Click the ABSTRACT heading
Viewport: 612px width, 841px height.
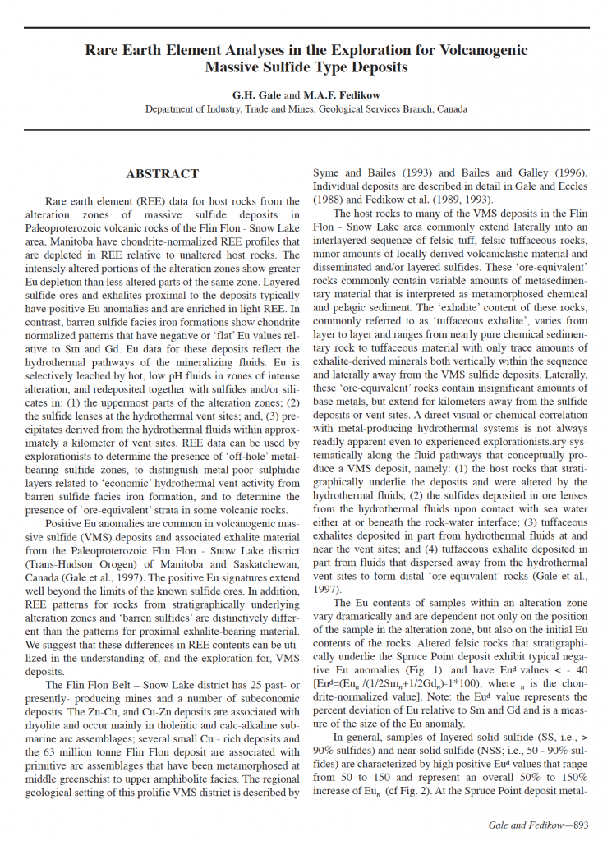[x=162, y=174]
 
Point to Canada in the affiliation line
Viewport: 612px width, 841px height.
[x=453, y=108]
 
